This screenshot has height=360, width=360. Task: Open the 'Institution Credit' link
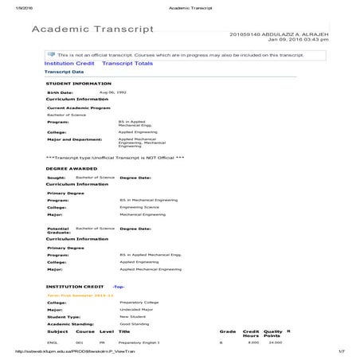tap(69, 62)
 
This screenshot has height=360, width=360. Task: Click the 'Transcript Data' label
tap(63, 72)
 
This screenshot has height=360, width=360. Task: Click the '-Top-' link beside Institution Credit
tap(118, 285)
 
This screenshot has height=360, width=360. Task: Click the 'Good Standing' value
tap(134, 323)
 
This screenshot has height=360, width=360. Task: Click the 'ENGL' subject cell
tap(53, 342)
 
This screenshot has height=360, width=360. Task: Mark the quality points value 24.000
tap(275, 342)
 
